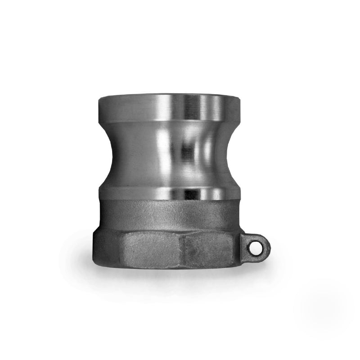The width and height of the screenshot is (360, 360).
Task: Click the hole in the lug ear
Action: coord(256,246)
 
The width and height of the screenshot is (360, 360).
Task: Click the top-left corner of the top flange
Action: coord(98,95)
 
